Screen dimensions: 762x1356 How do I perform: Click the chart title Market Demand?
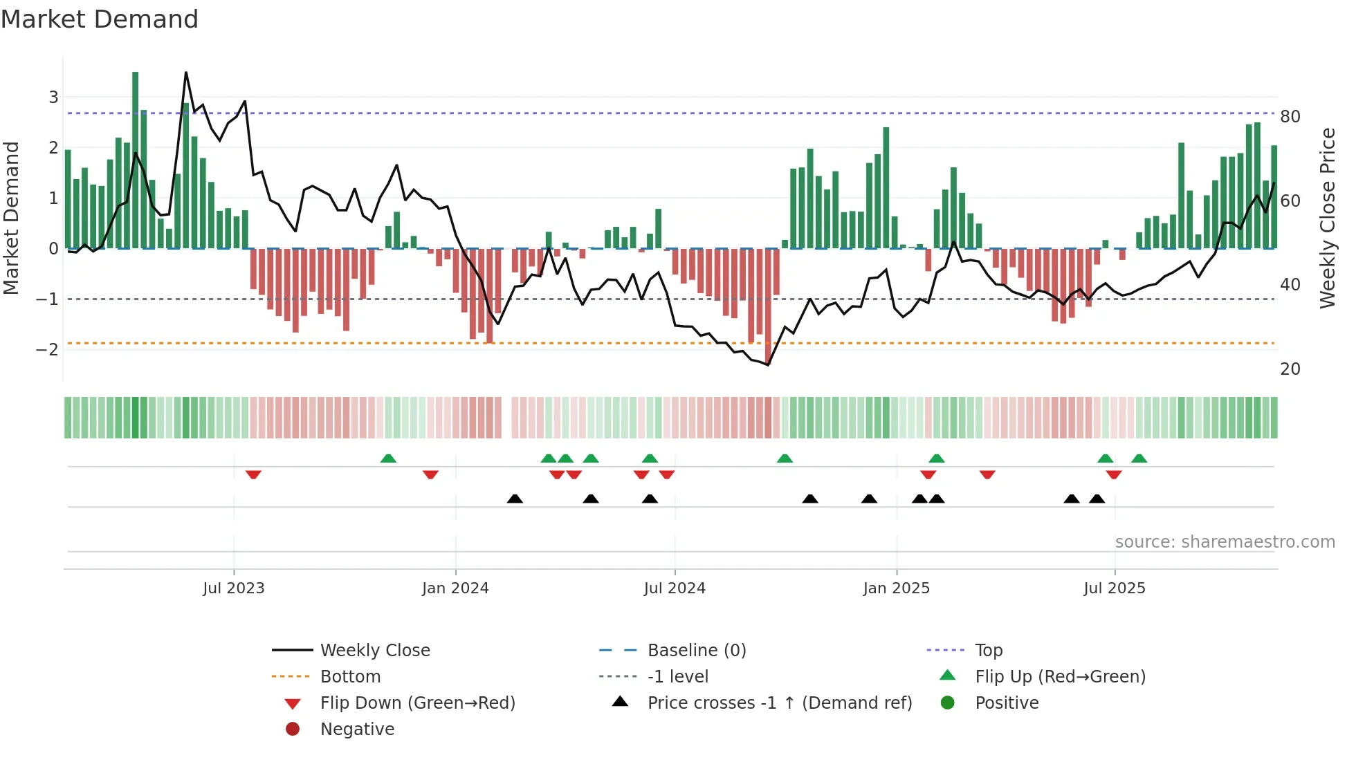(x=100, y=19)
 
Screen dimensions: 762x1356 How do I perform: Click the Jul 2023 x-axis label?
(x=233, y=588)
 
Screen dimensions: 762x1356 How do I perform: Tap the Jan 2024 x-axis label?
(x=455, y=588)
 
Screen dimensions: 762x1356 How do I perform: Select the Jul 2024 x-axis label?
(x=675, y=588)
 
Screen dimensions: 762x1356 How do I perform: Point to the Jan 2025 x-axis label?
(x=896, y=588)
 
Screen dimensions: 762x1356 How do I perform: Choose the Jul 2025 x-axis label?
(x=1115, y=588)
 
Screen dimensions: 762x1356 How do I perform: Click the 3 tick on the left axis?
(x=53, y=97)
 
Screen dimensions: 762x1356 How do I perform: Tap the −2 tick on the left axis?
(x=47, y=349)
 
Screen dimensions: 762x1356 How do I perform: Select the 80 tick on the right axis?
(x=1290, y=116)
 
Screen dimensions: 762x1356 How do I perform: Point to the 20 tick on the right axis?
(x=1290, y=369)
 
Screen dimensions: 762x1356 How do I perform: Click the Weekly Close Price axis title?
(x=1327, y=218)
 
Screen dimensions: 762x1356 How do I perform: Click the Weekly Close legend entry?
(x=375, y=650)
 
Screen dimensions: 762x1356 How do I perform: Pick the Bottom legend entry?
(x=350, y=676)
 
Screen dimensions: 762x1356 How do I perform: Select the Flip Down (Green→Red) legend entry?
(x=417, y=703)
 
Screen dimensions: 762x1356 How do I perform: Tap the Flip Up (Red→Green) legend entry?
(x=1060, y=676)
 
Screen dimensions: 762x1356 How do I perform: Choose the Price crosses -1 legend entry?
(x=780, y=703)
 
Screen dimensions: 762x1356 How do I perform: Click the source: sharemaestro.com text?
(x=1225, y=541)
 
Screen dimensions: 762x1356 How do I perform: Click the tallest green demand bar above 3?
(x=136, y=159)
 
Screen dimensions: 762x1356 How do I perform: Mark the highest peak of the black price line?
(x=186, y=73)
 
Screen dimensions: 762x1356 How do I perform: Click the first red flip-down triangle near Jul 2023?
(x=253, y=474)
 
